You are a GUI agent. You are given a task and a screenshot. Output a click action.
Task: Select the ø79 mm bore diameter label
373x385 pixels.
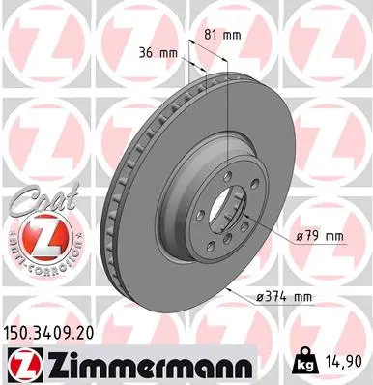tap(320, 236)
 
